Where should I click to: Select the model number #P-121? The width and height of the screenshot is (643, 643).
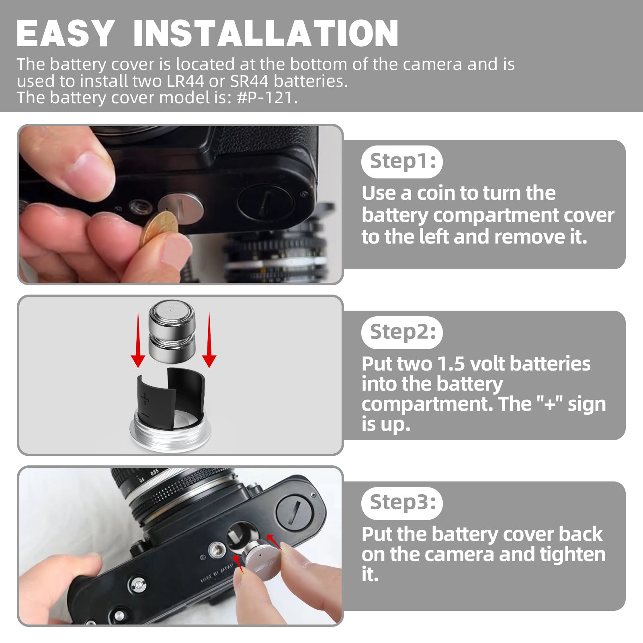tap(265, 98)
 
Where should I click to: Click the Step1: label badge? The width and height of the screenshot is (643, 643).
tap(402, 162)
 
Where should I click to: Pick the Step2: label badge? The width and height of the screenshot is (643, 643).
tap(402, 332)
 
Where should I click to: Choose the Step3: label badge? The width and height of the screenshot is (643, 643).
tap(402, 503)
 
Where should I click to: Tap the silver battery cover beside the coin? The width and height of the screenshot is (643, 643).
tap(182, 208)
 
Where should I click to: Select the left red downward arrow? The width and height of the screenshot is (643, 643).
tap(138, 340)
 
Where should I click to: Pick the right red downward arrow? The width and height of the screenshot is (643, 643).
tap(209, 340)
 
